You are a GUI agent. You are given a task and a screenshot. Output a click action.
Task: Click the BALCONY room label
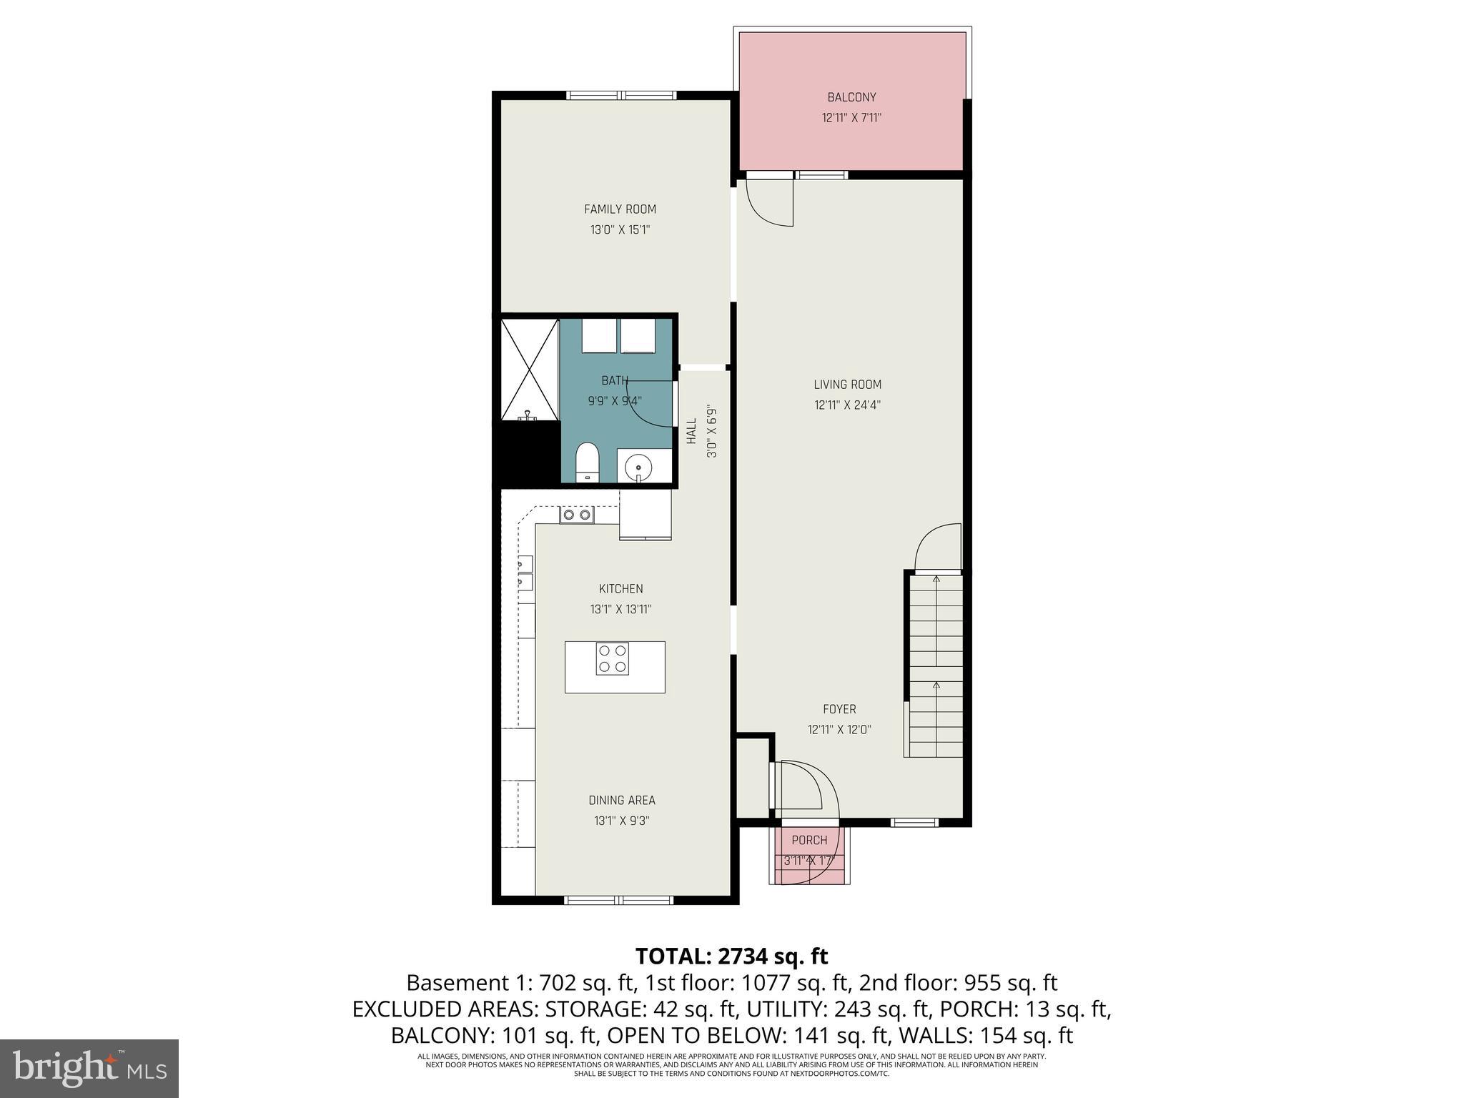[x=851, y=97]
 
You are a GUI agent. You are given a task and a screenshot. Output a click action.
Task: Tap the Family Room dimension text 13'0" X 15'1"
[x=620, y=230]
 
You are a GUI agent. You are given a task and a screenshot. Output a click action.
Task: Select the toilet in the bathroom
[x=587, y=462]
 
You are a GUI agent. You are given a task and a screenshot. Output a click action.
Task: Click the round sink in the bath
[x=638, y=469]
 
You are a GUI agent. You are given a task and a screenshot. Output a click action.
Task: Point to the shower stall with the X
[x=530, y=370]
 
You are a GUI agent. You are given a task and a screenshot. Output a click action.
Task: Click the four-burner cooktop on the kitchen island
[x=613, y=659]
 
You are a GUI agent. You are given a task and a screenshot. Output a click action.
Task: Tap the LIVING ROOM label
[x=847, y=385]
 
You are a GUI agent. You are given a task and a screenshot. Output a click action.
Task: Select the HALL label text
[x=691, y=431]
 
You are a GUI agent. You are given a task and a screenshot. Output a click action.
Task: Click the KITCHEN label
[x=620, y=589]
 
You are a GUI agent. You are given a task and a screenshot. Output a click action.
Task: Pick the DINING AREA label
[x=621, y=801]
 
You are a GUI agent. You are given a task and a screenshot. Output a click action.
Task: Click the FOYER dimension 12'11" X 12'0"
[x=839, y=730]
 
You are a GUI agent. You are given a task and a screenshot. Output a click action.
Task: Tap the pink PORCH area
[x=809, y=855]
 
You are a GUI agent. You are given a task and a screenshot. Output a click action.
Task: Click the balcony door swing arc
[x=771, y=204]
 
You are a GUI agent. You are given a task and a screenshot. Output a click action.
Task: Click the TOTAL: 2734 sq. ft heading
[x=731, y=956]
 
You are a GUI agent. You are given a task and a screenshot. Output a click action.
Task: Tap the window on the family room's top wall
[x=620, y=95]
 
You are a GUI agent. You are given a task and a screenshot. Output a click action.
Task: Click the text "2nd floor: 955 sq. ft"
[x=958, y=983]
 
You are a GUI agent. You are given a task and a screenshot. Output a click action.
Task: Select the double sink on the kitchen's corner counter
[x=576, y=515]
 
